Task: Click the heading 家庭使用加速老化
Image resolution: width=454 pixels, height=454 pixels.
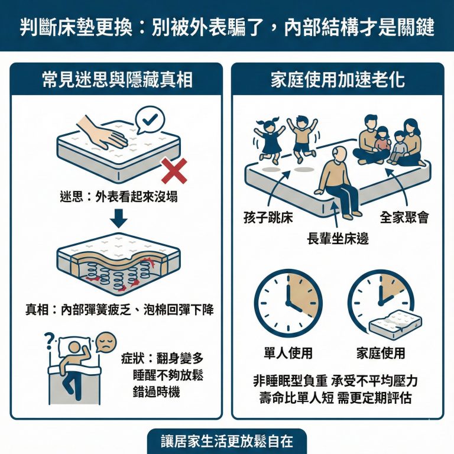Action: [x=337, y=80]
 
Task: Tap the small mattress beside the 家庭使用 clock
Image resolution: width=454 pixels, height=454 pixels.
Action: [x=395, y=323]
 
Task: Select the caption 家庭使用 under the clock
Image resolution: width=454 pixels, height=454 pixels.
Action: [x=381, y=354]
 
